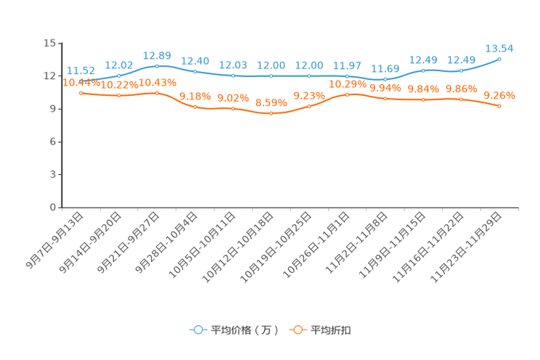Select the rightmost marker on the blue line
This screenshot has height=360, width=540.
(499, 59)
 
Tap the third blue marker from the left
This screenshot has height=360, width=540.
(157, 65)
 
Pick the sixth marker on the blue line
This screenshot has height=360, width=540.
(271, 75)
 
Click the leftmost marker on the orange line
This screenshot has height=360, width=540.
(80, 93)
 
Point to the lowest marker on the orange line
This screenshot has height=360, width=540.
(271, 114)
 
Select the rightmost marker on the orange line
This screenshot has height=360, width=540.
(499, 107)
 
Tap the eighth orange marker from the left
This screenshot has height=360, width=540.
(348, 94)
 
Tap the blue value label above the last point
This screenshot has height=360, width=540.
(499, 48)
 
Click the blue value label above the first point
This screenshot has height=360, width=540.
(80, 70)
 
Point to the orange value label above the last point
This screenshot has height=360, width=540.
(499, 96)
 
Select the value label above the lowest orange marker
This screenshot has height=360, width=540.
(271, 103)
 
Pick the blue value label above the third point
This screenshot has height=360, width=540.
(157, 55)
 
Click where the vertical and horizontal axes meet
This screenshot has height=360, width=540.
(60, 208)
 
